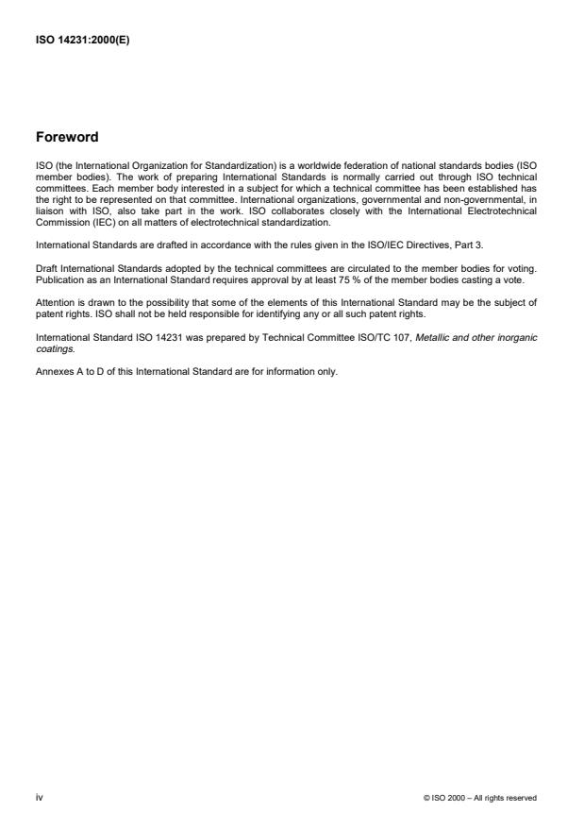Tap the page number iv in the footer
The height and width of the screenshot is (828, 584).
point(39,797)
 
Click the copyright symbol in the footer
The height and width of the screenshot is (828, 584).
point(428,798)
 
